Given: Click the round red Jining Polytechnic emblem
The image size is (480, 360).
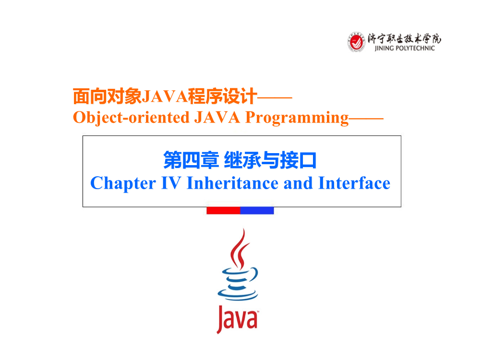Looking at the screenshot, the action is coord(356,42).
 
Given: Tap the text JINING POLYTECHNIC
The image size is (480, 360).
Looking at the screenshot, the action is coord(404,48).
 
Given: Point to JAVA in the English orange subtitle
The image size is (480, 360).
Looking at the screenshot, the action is coord(217,117).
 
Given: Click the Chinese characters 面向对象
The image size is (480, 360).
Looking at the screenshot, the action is coord(107,96).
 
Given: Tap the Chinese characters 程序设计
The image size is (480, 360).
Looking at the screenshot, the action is coord(222,96).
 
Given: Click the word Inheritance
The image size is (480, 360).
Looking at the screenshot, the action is coord(232,183).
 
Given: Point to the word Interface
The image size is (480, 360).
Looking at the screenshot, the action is coord(354,183).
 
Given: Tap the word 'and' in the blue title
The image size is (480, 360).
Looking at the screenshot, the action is coord(298,183).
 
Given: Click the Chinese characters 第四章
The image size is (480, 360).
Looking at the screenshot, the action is coord(191,160).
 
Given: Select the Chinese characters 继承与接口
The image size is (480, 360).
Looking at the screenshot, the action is coord(270,160).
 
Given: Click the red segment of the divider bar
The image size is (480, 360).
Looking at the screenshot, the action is coord(224,210).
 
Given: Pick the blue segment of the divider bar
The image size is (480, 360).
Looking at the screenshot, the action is coord(257,210).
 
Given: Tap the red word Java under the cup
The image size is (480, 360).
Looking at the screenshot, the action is coord(238,319).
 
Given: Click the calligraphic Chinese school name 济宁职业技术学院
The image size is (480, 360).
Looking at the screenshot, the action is coord(404,38).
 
